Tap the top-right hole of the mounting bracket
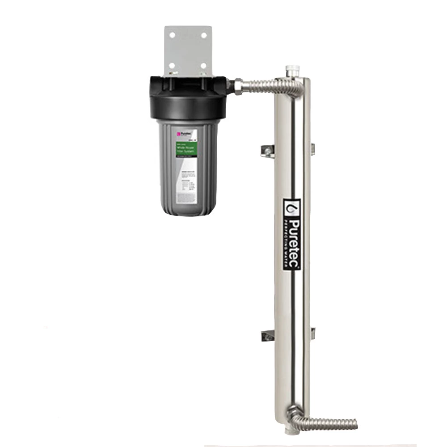204,35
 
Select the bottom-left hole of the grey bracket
171,65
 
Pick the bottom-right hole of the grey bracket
204,65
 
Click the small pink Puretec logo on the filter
178,133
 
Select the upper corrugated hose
268,87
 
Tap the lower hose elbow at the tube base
295,413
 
